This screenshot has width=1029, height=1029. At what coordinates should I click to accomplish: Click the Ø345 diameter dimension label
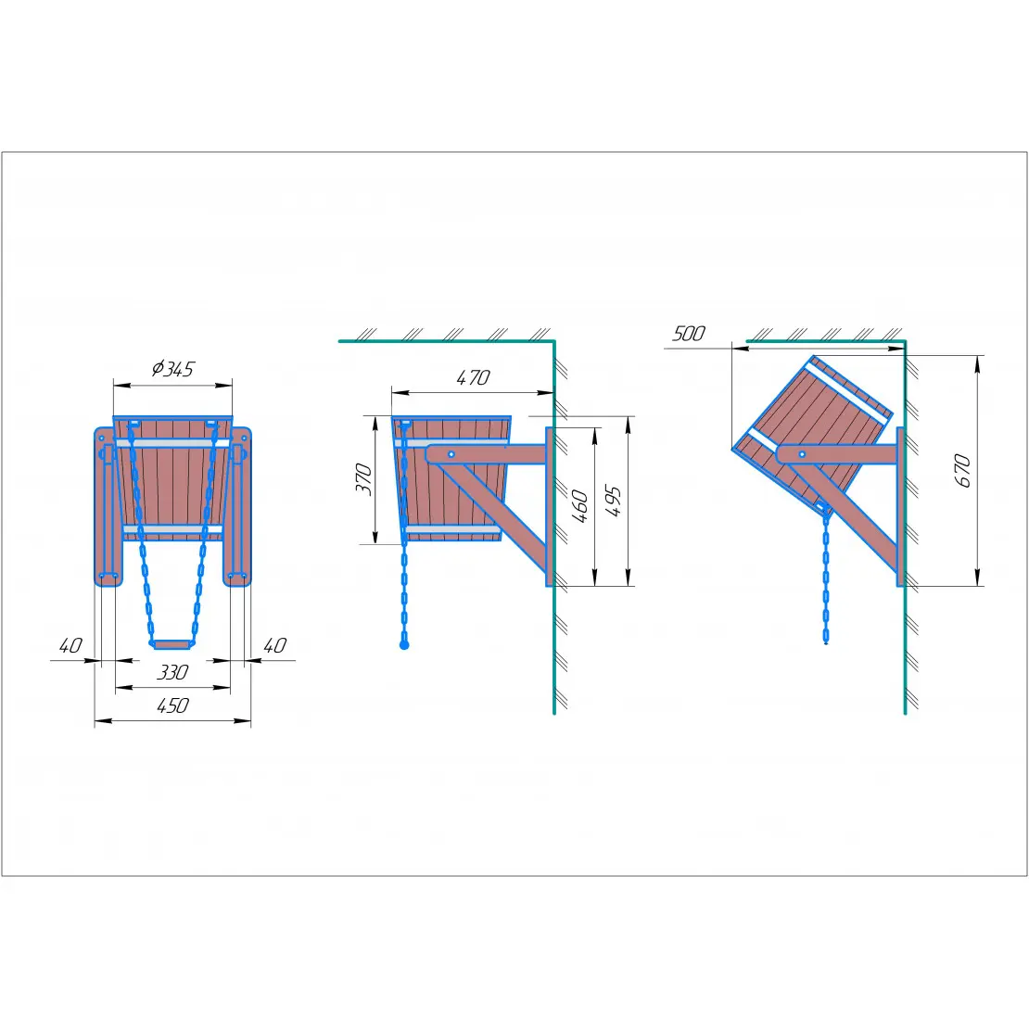point(172,369)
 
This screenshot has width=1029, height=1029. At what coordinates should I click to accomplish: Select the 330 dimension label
point(172,672)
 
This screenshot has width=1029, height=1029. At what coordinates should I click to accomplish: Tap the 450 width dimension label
point(172,705)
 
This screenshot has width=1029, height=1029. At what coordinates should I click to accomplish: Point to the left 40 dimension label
point(70,646)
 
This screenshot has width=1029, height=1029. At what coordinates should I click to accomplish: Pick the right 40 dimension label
point(275,646)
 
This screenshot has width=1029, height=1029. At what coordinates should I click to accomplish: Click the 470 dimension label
point(473,377)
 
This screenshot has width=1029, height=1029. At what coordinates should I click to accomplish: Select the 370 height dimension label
point(363,479)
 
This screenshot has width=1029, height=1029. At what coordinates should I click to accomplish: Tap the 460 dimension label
point(580,506)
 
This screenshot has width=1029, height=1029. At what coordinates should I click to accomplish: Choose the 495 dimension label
point(612,502)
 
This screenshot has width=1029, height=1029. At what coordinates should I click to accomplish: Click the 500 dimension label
point(689,334)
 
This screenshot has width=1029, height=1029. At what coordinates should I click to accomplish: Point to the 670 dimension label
point(962,471)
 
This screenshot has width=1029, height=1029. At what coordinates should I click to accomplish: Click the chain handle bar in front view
point(171,644)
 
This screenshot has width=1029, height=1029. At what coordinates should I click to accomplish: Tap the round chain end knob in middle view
point(404,645)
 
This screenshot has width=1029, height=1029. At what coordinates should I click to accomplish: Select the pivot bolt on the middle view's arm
point(451,454)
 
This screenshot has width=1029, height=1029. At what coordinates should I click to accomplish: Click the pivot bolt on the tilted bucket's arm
point(802,454)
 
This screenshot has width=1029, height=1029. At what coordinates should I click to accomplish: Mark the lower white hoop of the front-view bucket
point(172,529)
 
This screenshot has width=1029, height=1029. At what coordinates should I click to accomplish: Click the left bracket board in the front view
point(107,506)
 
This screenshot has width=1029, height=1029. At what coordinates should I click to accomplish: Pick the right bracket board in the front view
point(237,506)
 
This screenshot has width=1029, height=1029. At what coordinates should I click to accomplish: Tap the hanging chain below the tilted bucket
point(826,577)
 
